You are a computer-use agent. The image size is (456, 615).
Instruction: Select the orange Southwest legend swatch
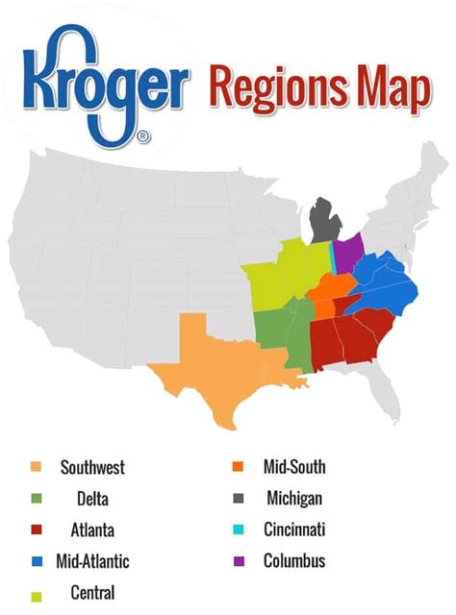37,468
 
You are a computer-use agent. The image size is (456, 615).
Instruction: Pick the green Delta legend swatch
37,499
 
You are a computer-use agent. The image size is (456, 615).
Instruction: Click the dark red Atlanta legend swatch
37,529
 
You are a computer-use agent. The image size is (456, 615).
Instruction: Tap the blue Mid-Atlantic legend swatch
37,560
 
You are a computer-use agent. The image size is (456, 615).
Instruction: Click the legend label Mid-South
293,468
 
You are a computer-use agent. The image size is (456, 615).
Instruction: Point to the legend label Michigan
292,499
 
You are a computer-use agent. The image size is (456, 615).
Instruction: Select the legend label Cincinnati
294,529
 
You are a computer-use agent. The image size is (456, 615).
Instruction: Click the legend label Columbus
294,560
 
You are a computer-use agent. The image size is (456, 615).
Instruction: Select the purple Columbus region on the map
347,253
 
